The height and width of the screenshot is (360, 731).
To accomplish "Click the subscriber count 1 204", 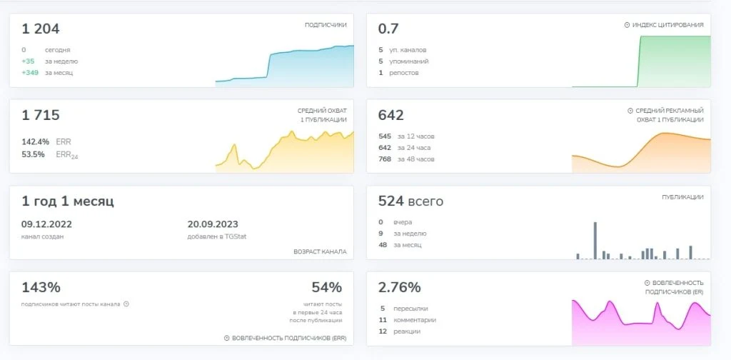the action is coord(41,29).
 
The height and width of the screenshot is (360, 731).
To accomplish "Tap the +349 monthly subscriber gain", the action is coord(30,73).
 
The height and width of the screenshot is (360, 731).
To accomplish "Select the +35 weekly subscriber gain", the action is coord(28,61).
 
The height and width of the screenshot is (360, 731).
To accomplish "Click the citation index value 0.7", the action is coord(388,29).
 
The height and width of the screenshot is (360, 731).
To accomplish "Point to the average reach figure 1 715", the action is coord(41,115).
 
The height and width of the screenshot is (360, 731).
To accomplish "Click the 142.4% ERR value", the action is coord(35,141).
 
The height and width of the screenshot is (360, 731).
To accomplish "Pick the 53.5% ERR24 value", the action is coord(33,154).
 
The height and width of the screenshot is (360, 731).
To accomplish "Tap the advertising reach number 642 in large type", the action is coord(390,115).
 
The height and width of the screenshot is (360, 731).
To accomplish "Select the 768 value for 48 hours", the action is coord(385,159).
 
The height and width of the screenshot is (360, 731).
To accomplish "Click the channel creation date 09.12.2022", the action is coord(46,224).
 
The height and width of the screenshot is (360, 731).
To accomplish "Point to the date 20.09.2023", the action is coord(213,224).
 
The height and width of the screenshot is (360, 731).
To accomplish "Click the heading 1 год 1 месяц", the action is coord(68,201).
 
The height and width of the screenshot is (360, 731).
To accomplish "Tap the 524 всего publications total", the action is coord(410,201).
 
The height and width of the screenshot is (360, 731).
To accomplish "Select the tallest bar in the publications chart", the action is coord(595,241).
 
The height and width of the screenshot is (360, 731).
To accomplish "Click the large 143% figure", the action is coord(41,287).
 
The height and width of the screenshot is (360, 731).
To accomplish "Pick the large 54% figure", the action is coord(327,287).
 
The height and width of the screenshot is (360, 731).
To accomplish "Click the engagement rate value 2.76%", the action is coord(400,287).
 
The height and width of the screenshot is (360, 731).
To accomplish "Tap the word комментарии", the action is coord(415,320).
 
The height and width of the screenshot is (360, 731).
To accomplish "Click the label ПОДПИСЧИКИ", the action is coord(326,25).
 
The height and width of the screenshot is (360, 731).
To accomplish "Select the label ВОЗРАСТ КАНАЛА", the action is coord(320,251).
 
